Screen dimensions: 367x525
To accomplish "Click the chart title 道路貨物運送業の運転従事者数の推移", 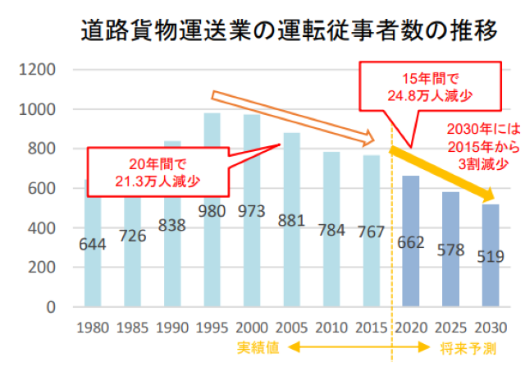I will click(289, 31).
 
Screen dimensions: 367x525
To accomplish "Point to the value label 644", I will click(94, 244).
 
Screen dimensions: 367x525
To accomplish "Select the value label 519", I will click(490, 256).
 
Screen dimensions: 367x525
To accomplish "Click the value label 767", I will click(372, 232).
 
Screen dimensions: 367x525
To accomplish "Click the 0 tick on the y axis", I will click(51, 307).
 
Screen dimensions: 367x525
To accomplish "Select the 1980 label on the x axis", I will click(92, 327).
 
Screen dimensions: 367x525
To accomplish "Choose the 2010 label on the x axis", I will click(331, 327).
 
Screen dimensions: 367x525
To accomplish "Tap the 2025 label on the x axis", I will click(450, 327).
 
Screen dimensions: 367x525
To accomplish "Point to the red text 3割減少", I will click(475, 164).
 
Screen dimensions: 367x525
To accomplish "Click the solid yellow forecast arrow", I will click(443, 173).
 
